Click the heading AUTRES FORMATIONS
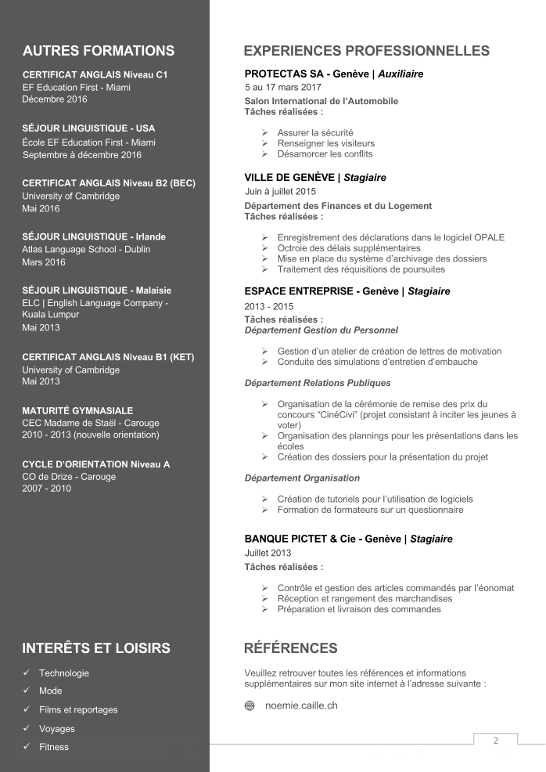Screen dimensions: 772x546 [x=99, y=52]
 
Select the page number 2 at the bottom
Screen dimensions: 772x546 [x=495, y=741]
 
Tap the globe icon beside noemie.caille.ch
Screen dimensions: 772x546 [x=250, y=705]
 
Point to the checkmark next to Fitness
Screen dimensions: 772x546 [x=27, y=747]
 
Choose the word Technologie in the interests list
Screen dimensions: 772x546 [x=64, y=673]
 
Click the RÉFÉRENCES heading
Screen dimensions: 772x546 [x=291, y=648]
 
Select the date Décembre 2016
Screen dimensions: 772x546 [x=55, y=99]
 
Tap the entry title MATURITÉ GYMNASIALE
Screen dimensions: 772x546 [x=77, y=410]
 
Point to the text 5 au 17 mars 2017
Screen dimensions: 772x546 [x=282, y=87]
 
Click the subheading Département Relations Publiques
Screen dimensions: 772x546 [x=318, y=383]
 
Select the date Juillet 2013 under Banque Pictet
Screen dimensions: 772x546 [x=268, y=553]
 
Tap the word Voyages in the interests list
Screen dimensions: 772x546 [x=57, y=728]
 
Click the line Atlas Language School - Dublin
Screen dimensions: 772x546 [x=86, y=250]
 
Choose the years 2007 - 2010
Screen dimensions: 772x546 [x=46, y=489]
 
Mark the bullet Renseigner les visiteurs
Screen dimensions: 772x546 [x=325, y=143]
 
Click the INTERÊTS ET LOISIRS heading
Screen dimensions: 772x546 [x=96, y=648]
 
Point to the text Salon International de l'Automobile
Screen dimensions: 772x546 [x=321, y=101]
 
